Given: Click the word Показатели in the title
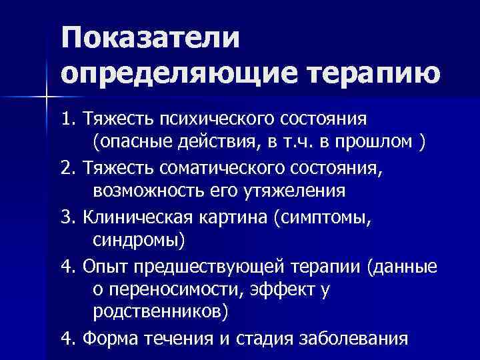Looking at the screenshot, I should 149,38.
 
